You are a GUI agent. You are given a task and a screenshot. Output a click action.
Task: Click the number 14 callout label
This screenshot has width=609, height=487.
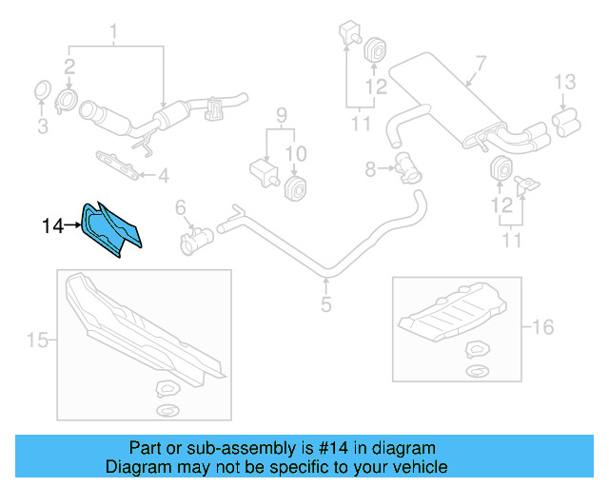coord(53,225)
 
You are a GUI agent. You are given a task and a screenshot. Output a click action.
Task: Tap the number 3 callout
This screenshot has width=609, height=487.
coord(41,127)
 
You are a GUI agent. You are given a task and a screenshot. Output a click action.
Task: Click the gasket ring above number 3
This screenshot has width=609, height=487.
coord(41,91)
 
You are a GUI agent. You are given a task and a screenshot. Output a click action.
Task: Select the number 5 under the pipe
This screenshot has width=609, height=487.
coord(325,305)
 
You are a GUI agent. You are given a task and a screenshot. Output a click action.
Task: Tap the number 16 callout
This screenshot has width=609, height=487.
coord(542,327)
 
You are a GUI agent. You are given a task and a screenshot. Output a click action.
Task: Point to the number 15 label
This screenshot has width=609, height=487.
coord(36,340)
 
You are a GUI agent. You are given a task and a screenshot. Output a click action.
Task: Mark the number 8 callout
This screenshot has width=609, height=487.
coord(371,169)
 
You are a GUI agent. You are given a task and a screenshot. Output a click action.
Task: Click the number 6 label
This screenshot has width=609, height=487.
coord(180,207)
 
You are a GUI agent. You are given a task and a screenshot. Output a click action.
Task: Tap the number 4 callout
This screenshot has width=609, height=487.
coord(163,175)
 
